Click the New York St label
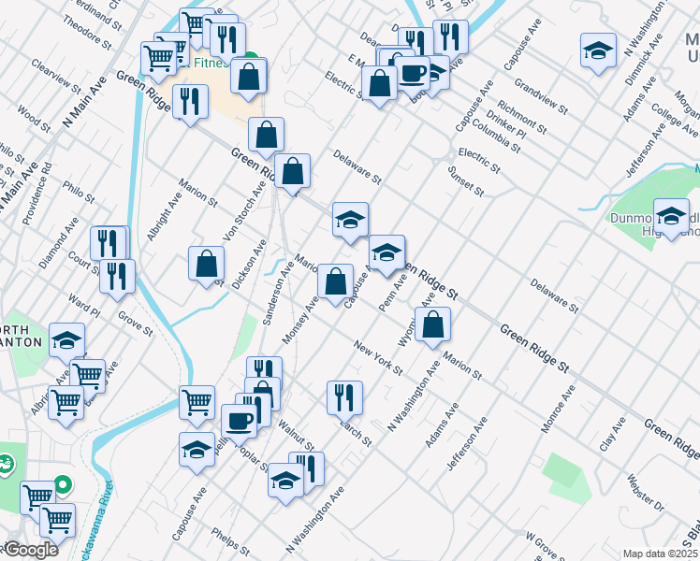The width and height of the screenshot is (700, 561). pyautogui.click(x=378, y=358)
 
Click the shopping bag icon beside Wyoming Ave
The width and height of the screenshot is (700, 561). pyautogui.click(x=433, y=325)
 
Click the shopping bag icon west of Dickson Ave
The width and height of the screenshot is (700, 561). pyautogui.click(x=206, y=263)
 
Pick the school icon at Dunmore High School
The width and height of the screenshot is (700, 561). pyautogui.click(x=671, y=216)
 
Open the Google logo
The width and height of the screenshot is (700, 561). pyautogui.click(x=30, y=550)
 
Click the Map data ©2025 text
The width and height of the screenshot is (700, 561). pyautogui.click(x=660, y=554)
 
